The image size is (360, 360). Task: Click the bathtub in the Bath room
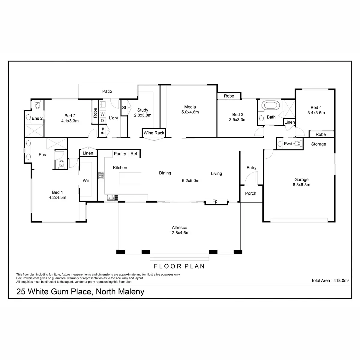[x=271, y=106]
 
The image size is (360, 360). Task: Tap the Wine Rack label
[x=154, y=133]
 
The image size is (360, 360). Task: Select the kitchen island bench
[x=130, y=178]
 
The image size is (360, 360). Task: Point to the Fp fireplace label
[x=215, y=201]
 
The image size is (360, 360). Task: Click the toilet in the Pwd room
[x=297, y=144]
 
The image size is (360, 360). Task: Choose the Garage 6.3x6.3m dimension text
[x=301, y=185]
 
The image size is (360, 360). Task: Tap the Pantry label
[x=120, y=154]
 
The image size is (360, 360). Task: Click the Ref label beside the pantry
[x=134, y=154]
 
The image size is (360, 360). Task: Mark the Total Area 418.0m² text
[x=330, y=280]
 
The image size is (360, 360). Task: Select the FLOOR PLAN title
[x=179, y=266]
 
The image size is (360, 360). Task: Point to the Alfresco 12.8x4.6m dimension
[x=180, y=232]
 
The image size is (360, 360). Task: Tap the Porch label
[x=250, y=193]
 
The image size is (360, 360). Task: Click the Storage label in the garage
[x=318, y=144]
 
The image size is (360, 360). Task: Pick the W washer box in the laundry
[x=102, y=114]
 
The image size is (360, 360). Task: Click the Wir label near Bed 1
[x=86, y=181]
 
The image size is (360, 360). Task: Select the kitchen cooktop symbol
[x=101, y=175]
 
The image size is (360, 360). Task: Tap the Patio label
[x=107, y=91]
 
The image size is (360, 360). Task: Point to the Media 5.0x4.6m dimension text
[x=190, y=112]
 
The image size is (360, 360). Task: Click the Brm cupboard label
[x=103, y=130]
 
